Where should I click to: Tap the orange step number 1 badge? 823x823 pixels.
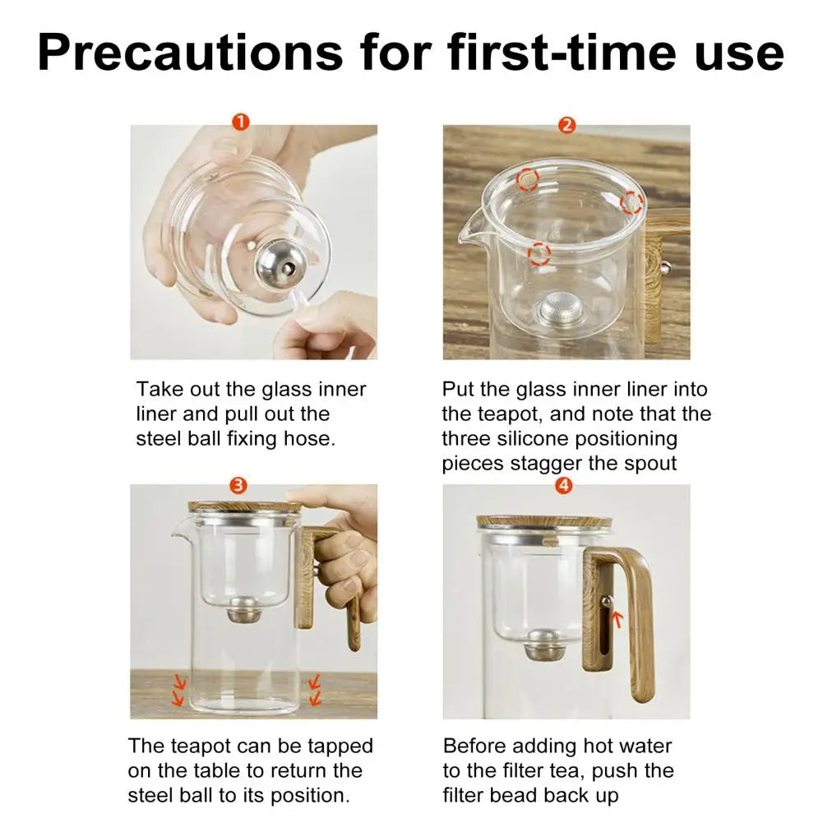240,123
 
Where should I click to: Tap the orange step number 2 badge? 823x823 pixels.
566,125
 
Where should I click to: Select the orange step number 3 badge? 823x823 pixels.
238,485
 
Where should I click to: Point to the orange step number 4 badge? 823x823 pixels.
564,485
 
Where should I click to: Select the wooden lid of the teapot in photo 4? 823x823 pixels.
544,521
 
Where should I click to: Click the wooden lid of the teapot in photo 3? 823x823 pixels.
244,506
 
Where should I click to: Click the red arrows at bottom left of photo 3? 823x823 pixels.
177,690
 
